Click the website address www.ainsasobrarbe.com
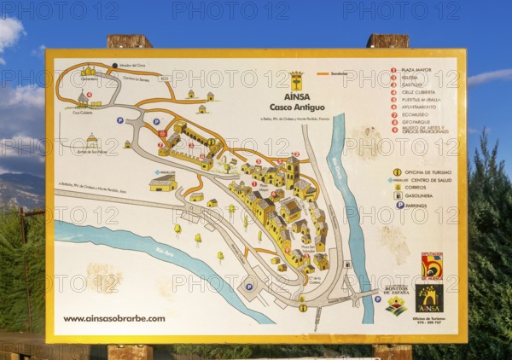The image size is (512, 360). [114, 318]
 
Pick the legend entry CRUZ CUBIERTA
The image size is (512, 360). [421, 92]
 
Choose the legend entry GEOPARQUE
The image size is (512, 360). [419, 121]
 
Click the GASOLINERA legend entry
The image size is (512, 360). [425, 195]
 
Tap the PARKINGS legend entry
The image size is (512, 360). [422, 205]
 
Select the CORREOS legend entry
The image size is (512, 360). [420, 188]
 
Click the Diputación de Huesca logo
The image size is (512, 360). [432, 266]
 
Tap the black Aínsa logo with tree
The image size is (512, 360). [429, 299]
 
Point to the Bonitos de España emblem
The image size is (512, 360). [396, 300]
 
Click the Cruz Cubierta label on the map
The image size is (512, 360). [82, 111]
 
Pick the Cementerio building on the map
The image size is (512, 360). [88, 72]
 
